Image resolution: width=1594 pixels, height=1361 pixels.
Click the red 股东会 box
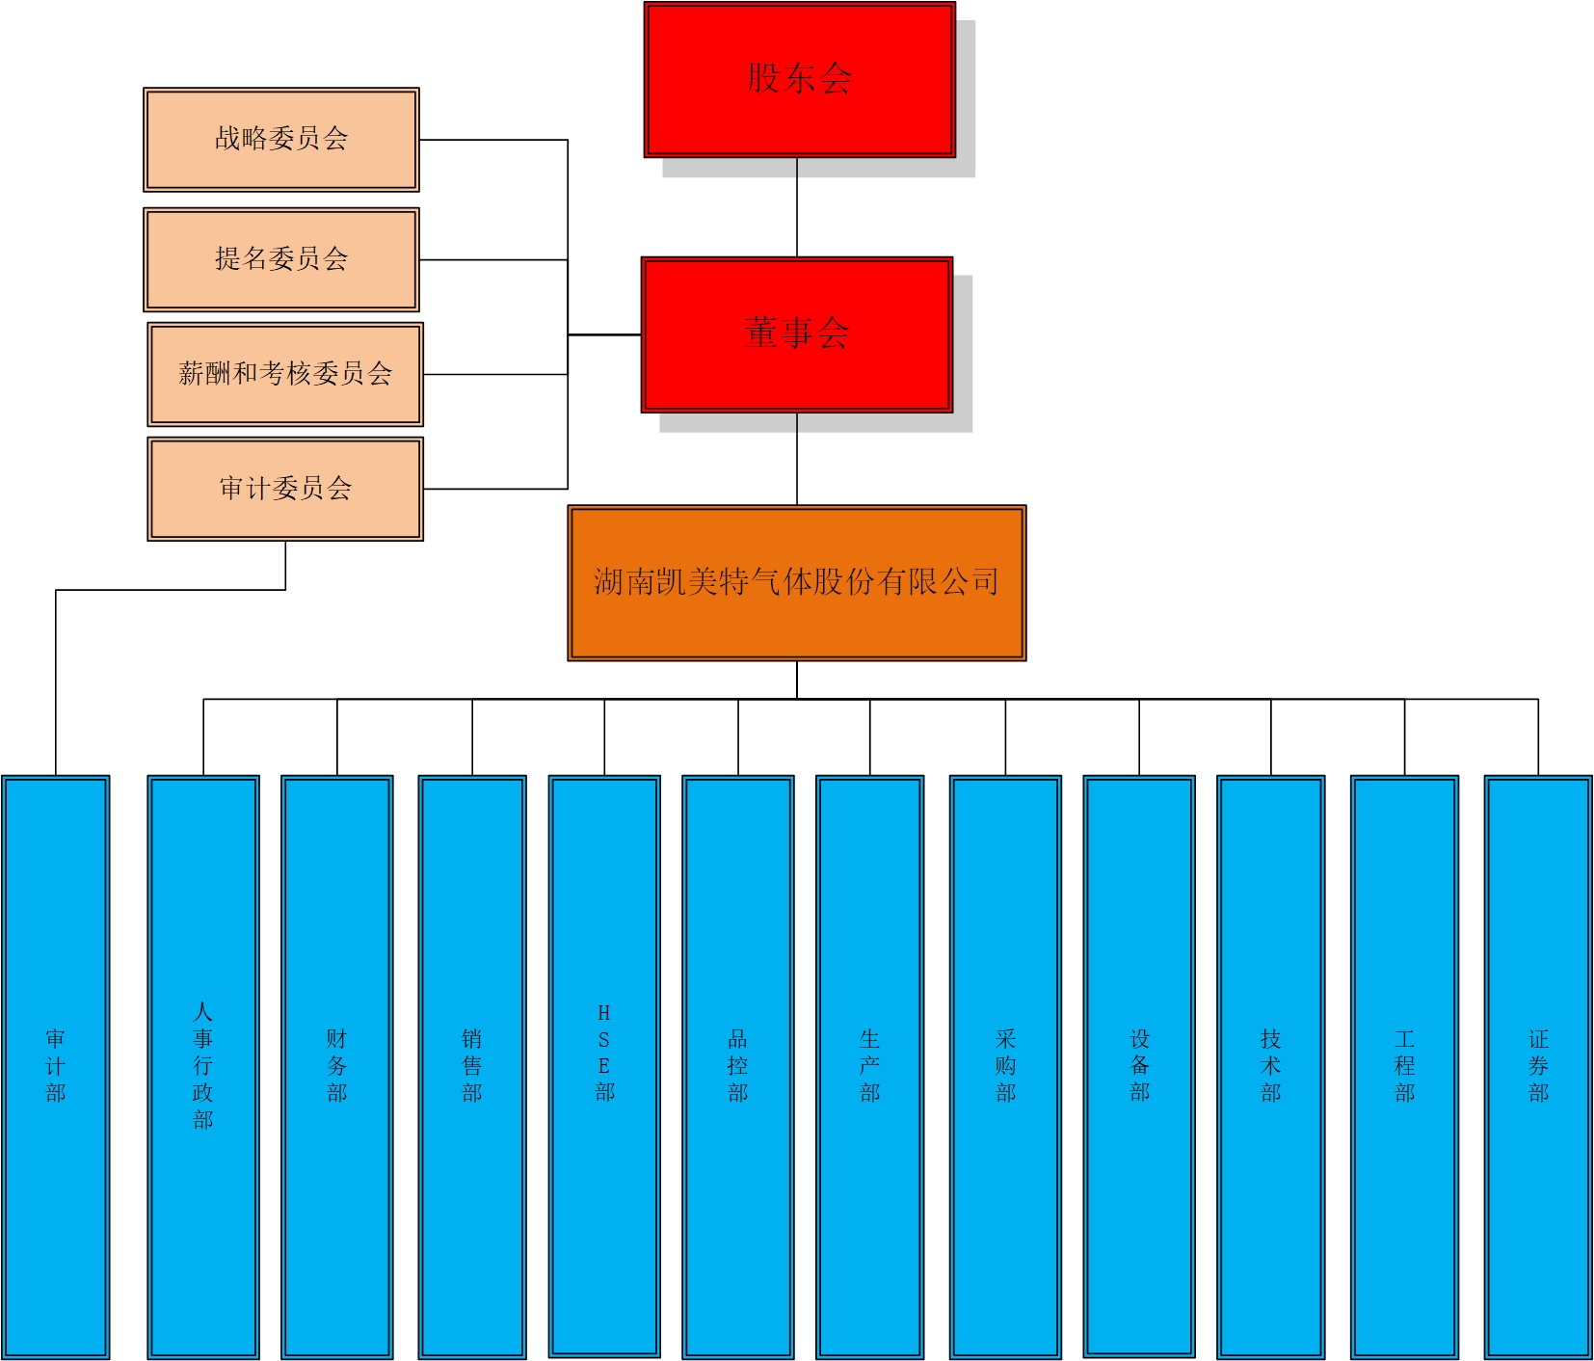pos(799,79)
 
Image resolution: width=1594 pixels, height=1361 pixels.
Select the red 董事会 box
pos(797,334)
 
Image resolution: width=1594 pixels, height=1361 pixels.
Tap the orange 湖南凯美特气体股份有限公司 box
pos(796,582)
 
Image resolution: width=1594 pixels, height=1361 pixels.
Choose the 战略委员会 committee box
pos(280,139)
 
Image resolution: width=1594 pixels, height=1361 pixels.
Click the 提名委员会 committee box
pos(280,259)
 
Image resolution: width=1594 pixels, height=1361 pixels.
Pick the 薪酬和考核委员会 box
pos(285,374)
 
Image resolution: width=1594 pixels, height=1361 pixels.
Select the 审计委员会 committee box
pos(285,489)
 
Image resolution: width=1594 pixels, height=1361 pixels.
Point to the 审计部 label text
pos(56,1066)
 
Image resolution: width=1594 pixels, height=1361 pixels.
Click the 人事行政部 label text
pos(202,1065)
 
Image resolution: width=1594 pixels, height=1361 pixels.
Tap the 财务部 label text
pos(336,1066)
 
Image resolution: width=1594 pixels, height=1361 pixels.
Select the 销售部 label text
pos(471,1066)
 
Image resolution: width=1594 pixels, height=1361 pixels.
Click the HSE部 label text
pos(604,1053)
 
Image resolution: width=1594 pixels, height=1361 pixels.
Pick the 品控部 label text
pos(737,1066)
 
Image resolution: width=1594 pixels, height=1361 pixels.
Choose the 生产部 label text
pos(869,1066)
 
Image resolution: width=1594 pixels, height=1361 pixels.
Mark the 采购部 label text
pos(1005,1066)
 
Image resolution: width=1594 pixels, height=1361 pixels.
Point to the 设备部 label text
pos(1139,1066)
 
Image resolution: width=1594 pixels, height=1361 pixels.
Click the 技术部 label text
pos(1270,1066)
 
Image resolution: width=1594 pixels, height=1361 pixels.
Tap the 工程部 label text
pos(1404,1066)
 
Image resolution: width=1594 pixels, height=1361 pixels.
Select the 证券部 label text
pos(1538,1066)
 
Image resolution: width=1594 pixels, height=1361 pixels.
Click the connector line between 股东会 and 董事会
pos(797,207)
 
